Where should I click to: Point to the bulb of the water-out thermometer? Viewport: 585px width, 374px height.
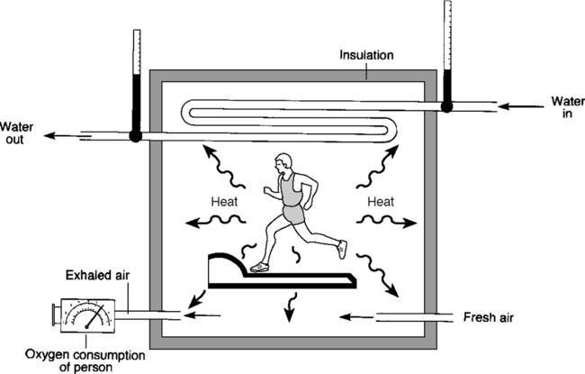click(x=136, y=136)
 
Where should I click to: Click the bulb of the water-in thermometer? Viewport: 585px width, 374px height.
click(x=446, y=105)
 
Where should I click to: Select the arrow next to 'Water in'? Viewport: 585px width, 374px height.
click(x=516, y=105)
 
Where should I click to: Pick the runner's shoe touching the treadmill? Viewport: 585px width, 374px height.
click(x=259, y=267)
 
